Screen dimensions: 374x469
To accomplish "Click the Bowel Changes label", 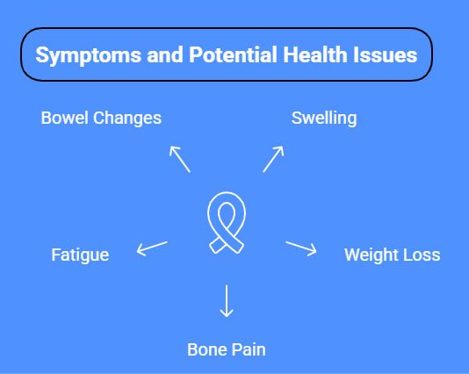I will click(x=101, y=118).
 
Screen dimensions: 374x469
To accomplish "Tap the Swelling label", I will click(x=324, y=118).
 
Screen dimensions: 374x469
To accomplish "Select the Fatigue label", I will click(x=80, y=255).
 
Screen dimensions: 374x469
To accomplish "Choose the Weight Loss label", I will click(x=392, y=255).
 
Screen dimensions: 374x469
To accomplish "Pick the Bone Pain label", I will click(x=226, y=349).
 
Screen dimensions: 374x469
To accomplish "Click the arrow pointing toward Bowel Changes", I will click(x=179, y=158).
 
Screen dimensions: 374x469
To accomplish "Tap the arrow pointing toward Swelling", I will click(x=273, y=158).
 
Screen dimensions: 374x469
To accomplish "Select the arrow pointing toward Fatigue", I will click(x=151, y=248).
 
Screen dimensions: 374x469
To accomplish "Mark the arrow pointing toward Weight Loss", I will click(x=301, y=248).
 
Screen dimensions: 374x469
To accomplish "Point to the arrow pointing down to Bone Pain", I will click(x=227, y=300).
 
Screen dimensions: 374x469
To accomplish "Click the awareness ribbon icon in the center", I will click(x=227, y=225).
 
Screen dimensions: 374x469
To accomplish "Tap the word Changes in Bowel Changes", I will click(x=130, y=118).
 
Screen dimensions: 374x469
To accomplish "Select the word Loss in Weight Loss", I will click(x=421, y=255).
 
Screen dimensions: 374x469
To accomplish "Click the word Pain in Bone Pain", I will click(x=249, y=349).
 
